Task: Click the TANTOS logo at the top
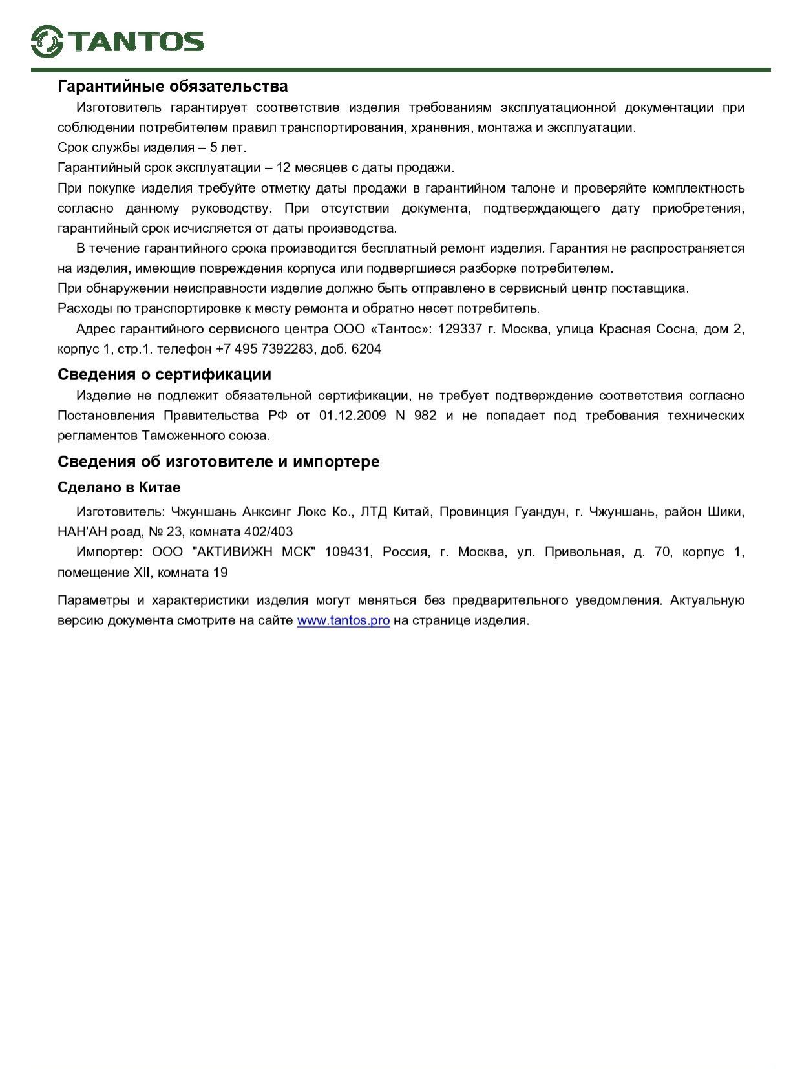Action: tap(118, 41)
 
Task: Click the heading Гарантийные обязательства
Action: tap(173, 86)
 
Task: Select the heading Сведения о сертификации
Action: tap(164, 374)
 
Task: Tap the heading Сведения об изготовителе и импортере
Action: tap(218, 461)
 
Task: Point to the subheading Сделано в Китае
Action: tap(119, 487)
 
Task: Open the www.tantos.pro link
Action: tap(343, 620)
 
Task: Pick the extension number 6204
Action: tap(366, 349)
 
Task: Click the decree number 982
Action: tap(425, 415)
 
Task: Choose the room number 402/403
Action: tap(268, 532)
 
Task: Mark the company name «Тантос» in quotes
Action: tap(401, 329)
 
